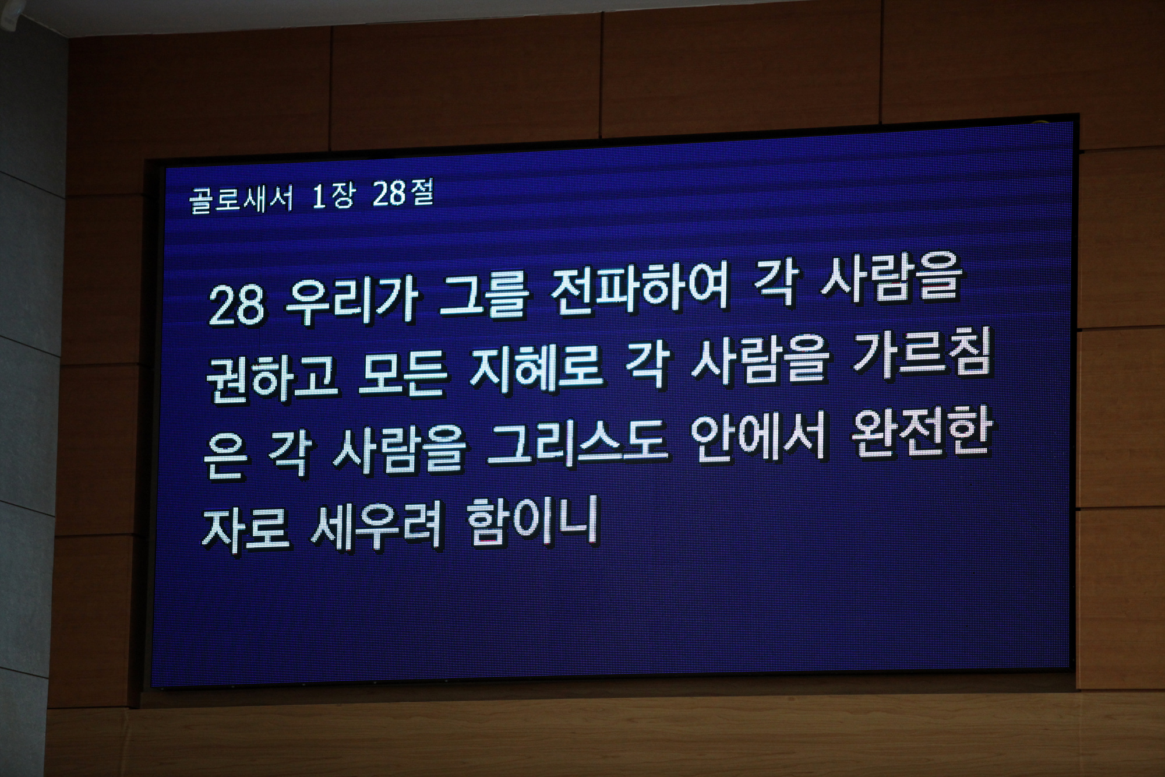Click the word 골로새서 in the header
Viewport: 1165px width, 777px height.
241,199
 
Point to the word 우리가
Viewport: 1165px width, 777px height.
352,303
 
